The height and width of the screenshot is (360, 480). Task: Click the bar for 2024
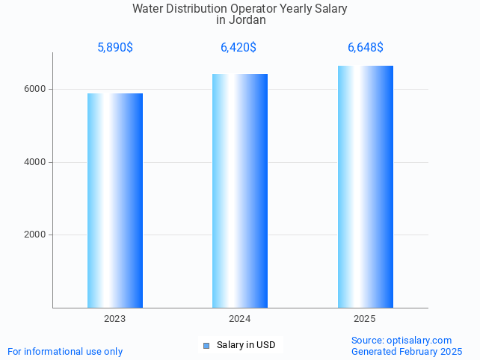pos(239,190)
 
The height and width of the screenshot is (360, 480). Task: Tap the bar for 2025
pos(365,187)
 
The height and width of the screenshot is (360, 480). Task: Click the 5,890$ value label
pos(115,48)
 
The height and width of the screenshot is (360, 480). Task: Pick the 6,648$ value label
pos(365,48)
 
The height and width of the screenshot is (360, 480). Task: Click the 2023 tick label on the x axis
pos(115,319)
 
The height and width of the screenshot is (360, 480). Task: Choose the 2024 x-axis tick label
pos(239,319)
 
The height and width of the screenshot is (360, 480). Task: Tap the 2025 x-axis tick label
pos(365,319)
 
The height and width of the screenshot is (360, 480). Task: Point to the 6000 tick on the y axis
pos(35,89)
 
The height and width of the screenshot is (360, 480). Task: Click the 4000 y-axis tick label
pos(35,162)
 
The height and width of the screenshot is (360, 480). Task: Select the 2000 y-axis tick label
pos(35,235)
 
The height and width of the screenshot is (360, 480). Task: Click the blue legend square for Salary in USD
pos(206,345)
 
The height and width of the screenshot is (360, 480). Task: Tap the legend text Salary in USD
pos(246,345)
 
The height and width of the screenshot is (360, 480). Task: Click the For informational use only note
pos(65,351)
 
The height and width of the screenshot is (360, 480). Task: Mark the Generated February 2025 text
pos(407,351)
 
